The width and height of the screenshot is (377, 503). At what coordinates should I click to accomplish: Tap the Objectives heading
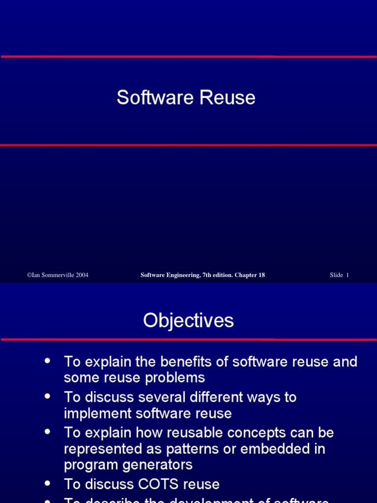click(188, 321)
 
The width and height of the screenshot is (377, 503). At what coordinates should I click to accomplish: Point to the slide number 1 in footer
click(348, 275)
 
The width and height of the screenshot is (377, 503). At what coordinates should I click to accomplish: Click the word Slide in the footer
click(336, 275)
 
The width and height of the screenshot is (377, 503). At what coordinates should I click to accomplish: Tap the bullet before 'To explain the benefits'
click(48, 361)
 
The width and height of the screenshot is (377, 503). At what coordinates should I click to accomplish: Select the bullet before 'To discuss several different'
click(48, 396)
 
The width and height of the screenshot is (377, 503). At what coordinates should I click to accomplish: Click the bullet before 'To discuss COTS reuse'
click(48, 483)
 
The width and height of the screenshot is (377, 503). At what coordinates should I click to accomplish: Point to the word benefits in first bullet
click(179, 362)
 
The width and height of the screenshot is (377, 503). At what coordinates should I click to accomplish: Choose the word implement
click(95, 414)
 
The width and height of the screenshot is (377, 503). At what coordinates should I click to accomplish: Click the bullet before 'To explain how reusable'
click(48, 431)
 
